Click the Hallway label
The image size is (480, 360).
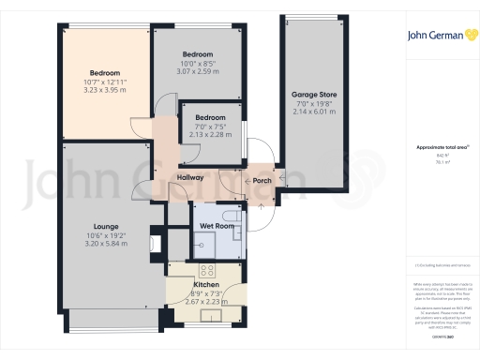[190, 177]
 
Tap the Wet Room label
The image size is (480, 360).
[215, 227]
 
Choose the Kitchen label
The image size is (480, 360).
[206, 283]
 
